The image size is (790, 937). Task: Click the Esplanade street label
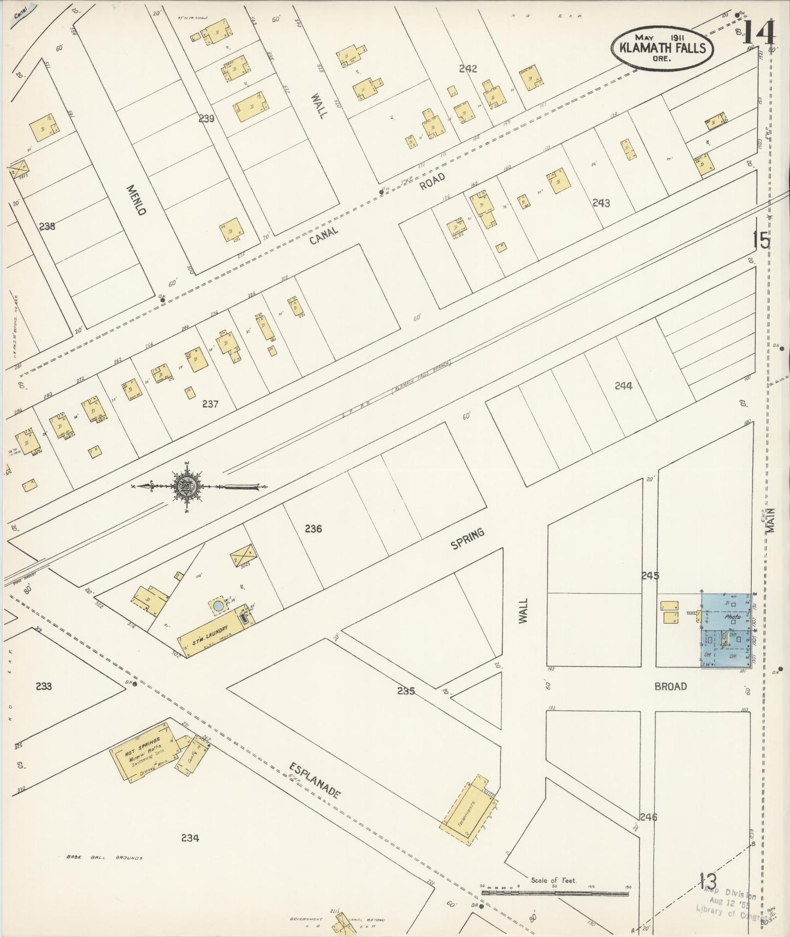click(x=314, y=782)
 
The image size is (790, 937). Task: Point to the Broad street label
click(x=670, y=686)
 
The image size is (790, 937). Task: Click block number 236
click(x=313, y=529)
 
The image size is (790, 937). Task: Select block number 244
click(x=623, y=385)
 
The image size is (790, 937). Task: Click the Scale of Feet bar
click(x=555, y=893)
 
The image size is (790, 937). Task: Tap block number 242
click(x=468, y=69)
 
